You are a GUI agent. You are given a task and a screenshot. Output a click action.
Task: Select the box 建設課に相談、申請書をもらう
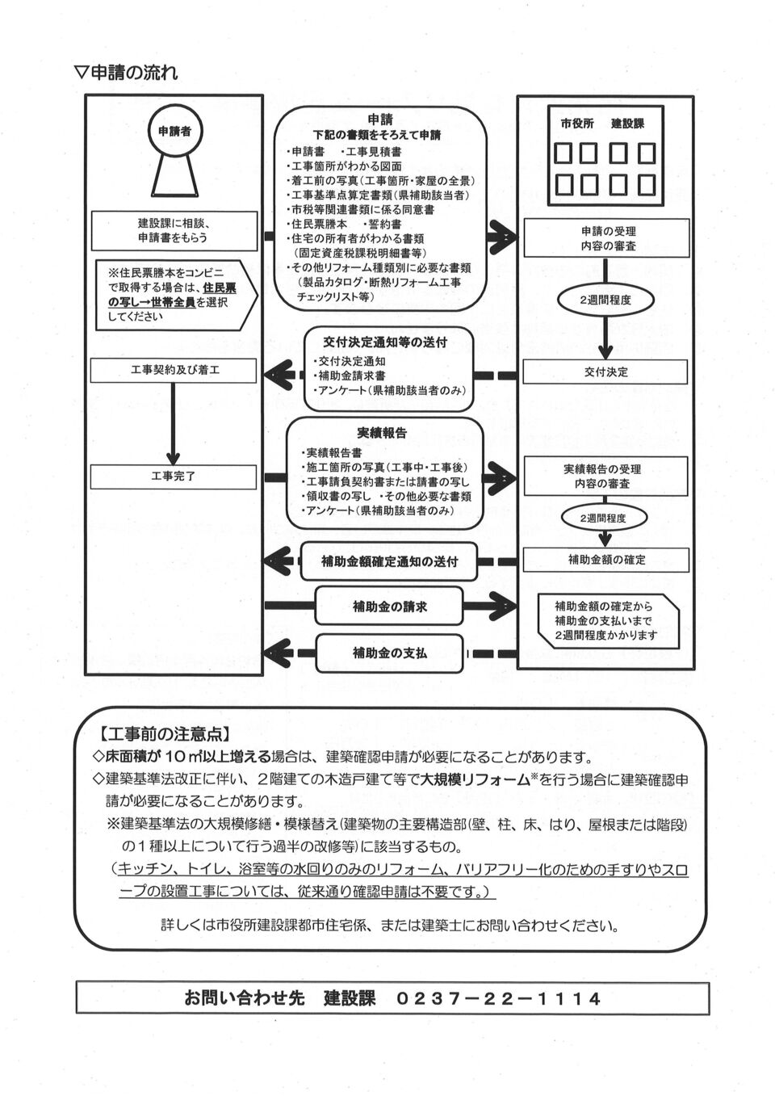coord(174,231)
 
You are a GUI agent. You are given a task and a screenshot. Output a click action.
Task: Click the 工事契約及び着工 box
coord(174,372)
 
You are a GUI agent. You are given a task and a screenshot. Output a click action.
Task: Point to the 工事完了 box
coord(174,477)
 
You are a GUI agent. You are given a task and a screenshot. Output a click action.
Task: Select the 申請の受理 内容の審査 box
coord(605,238)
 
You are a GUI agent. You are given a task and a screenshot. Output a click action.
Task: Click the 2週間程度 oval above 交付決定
coord(605,300)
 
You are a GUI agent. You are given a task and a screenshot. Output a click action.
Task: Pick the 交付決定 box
coord(605,372)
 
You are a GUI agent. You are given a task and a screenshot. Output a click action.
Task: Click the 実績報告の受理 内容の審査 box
coord(605,477)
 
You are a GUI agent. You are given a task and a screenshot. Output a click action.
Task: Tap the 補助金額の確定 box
coord(605,560)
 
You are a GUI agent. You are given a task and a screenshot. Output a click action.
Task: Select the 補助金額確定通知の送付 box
coord(388,562)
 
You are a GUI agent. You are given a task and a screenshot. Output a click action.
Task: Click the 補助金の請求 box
coord(389,607)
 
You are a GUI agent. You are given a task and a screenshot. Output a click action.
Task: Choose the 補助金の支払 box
coord(389,653)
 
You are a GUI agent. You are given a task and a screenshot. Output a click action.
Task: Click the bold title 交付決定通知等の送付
coord(385,342)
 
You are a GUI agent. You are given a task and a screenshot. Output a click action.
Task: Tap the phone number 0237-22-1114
coord(499,999)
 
